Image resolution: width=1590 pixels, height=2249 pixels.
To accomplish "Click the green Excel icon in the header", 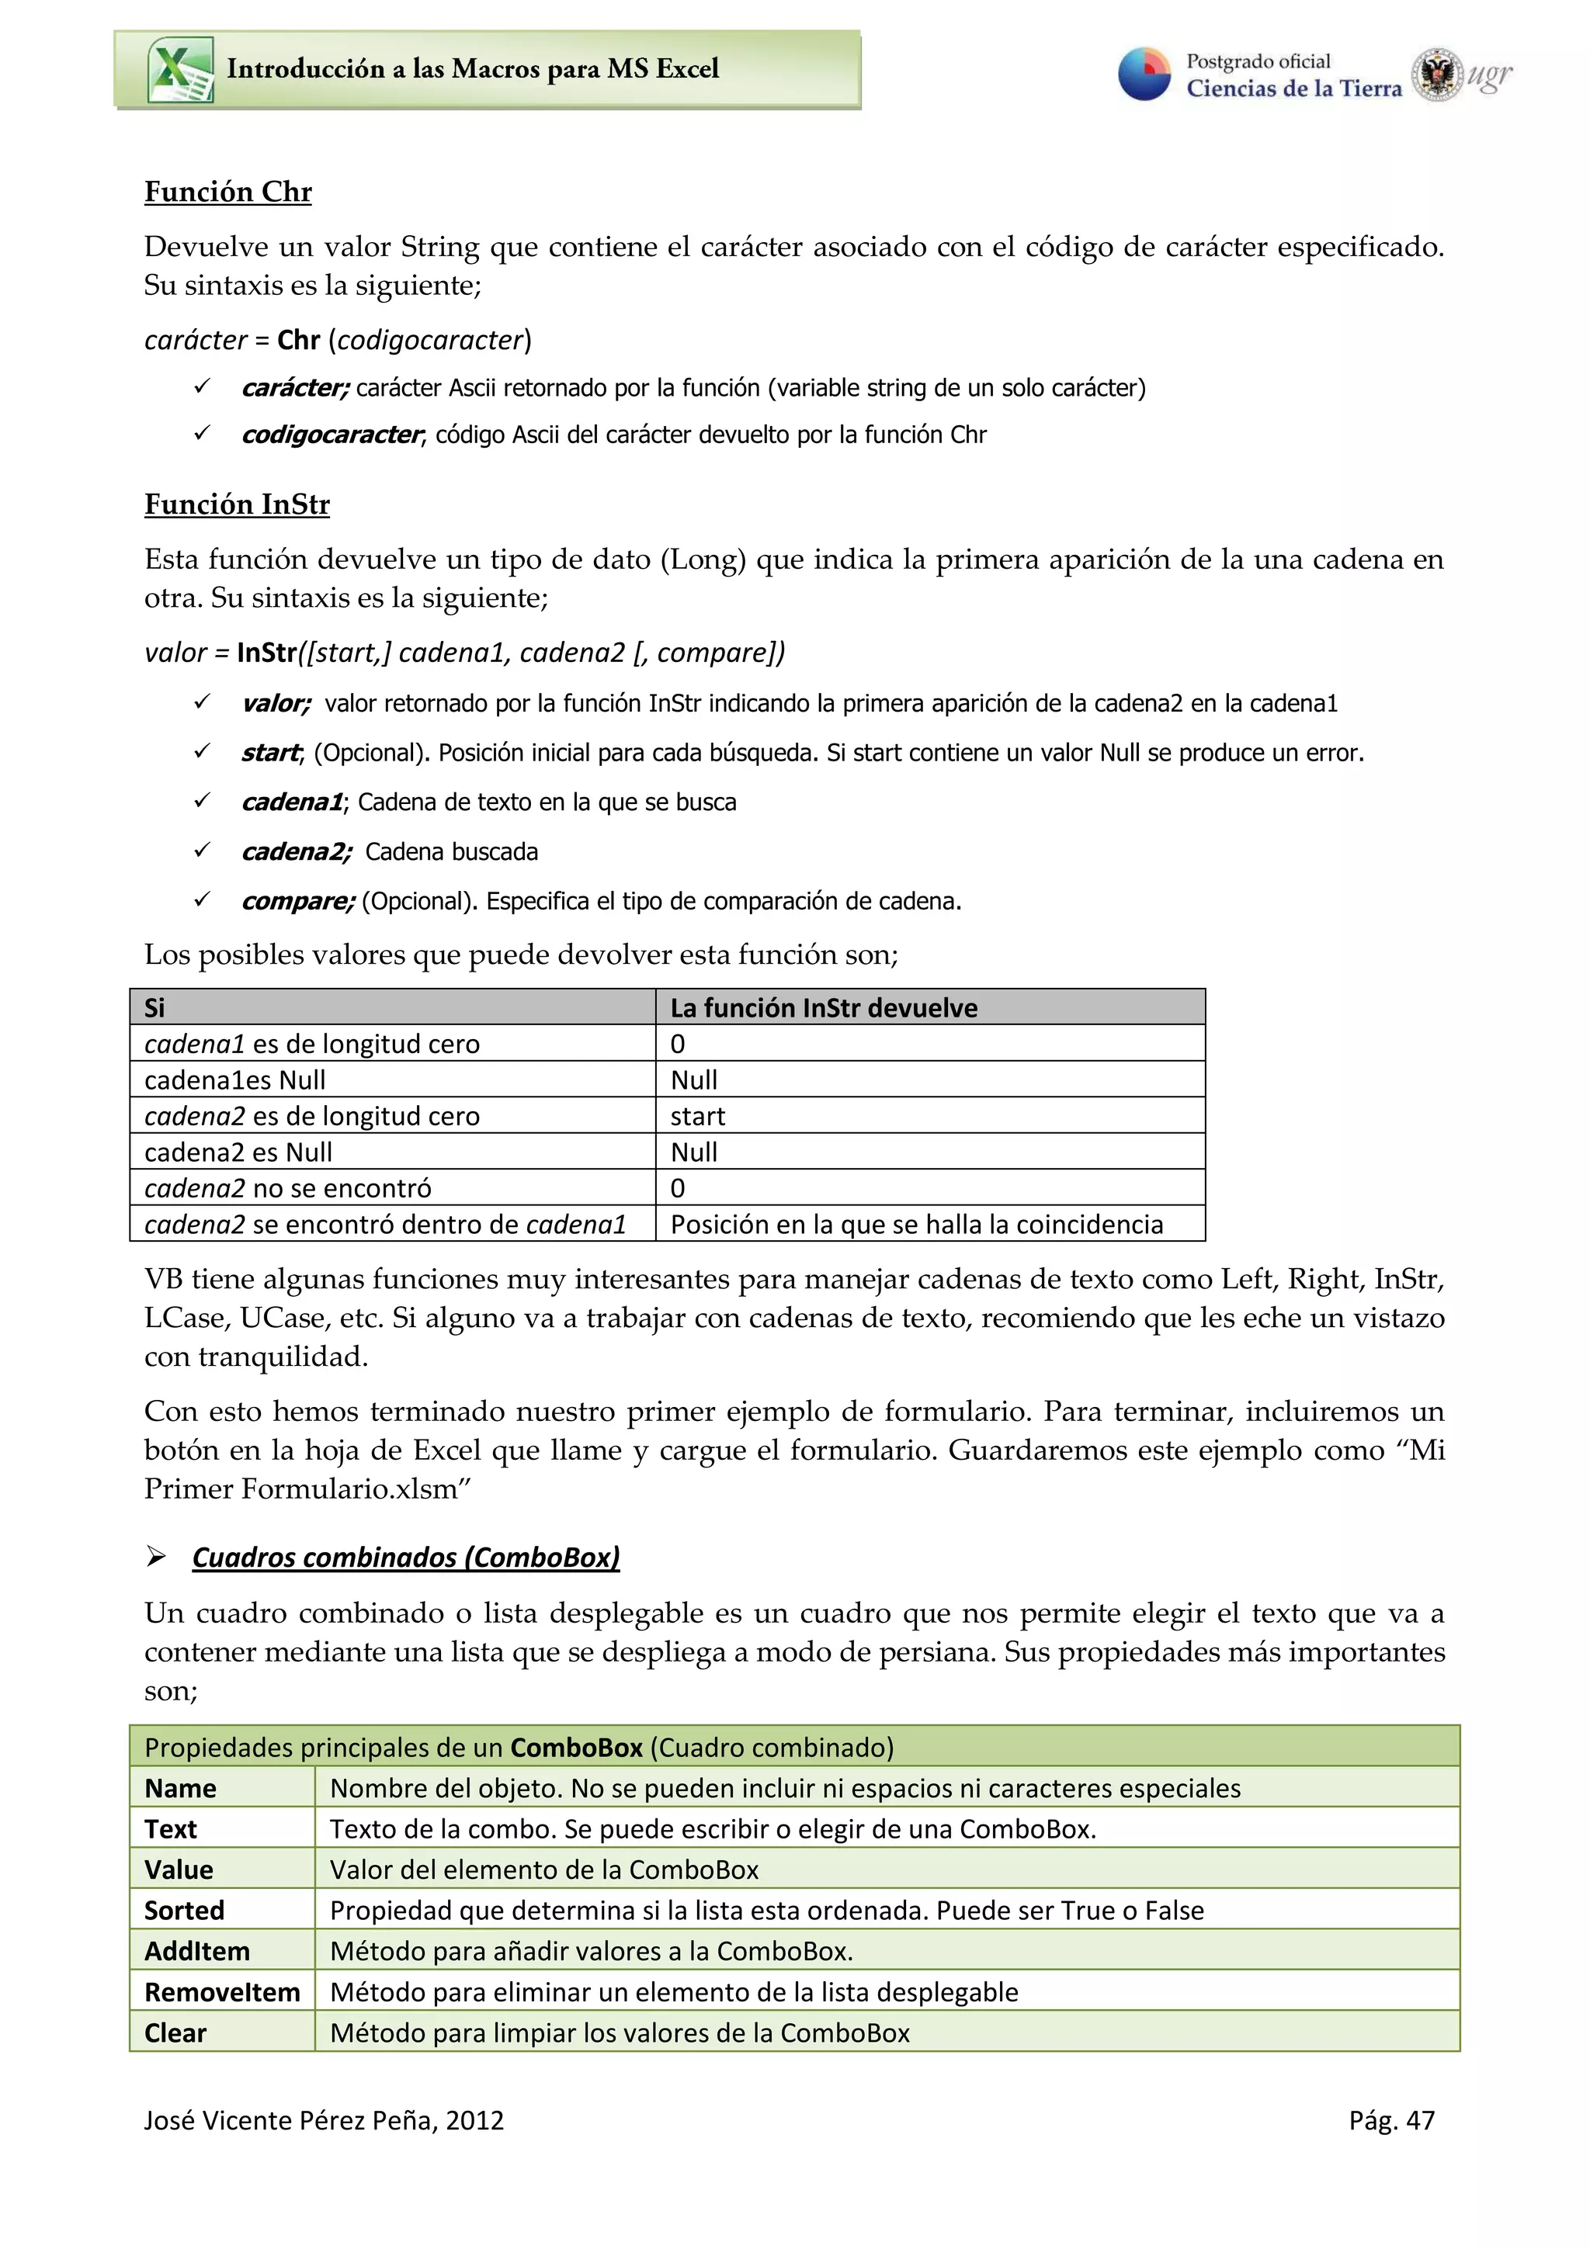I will pyautogui.click(x=180, y=70).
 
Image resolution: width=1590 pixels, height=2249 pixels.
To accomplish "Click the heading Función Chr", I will pyautogui.click(x=227, y=192).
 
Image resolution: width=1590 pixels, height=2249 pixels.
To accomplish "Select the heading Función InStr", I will pyautogui.click(x=236, y=504).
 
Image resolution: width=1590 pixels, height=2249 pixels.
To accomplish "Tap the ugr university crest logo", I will pyautogui.click(x=1436, y=75).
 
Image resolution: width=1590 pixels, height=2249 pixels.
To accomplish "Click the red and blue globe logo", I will pyautogui.click(x=1144, y=75).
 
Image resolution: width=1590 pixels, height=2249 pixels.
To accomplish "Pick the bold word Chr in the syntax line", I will pyautogui.click(x=298, y=340).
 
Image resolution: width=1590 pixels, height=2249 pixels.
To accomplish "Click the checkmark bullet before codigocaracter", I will pyautogui.click(x=202, y=432).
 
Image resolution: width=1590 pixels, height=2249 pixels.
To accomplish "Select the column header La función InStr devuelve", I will pyautogui.click(x=823, y=1008).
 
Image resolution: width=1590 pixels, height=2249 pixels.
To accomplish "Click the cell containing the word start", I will pyautogui.click(x=697, y=1117).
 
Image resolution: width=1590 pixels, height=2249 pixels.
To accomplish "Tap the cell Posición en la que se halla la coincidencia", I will pyautogui.click(x=916, y=1225).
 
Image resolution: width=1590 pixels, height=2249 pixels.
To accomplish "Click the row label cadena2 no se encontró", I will pyautogui.click(x=287, y=1188).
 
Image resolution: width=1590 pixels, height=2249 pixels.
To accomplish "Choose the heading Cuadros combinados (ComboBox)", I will pyautogui.click(x=405, y=1558).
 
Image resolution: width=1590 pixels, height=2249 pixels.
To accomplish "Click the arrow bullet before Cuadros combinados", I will pyautogui.click(x=156, y=1557).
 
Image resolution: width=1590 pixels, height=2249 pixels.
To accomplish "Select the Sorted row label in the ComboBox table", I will pyautogui.click(x=184, y=1910).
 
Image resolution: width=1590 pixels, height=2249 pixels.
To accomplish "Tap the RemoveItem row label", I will pyautogui.click(x=221, y=1992).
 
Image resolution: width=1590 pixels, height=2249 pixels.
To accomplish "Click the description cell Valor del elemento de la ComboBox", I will pyautogui.click(x=543, y=1870).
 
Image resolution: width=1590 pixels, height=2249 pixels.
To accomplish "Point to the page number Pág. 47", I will pyautogui.click(x=1391, y=2121).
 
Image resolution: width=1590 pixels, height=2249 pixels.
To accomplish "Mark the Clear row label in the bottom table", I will pyautogui.click(x=175, y=2033).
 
